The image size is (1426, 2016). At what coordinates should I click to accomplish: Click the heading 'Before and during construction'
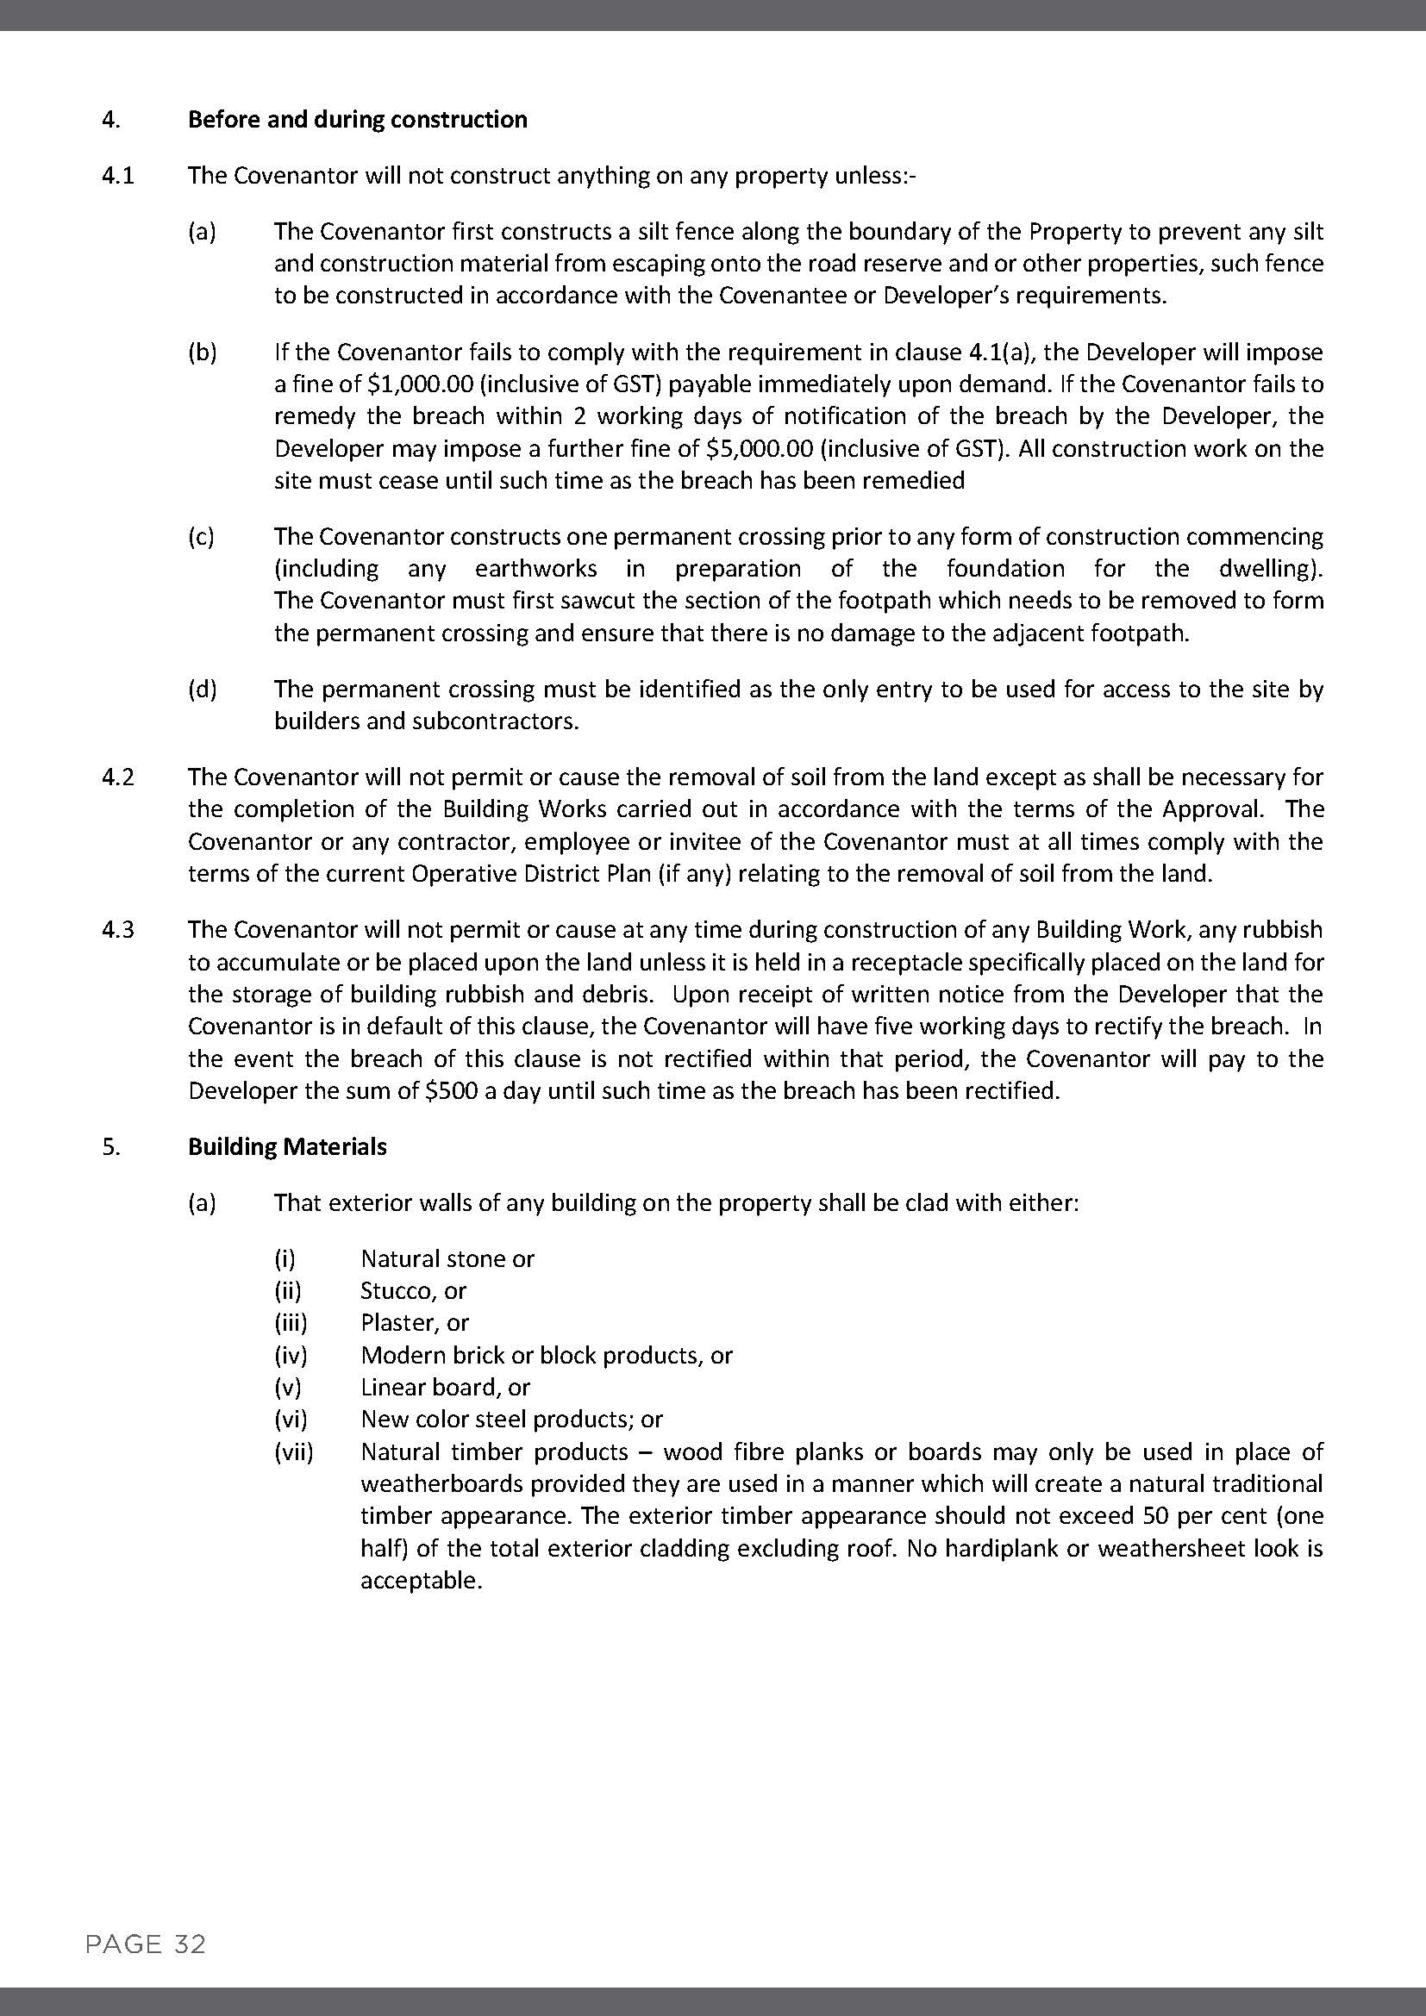(358, 120)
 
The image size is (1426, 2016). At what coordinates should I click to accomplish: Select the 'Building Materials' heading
(287, 1146)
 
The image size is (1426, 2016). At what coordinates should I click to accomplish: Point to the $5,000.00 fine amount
(760, 449)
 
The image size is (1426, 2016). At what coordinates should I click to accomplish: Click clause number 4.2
(117, 777)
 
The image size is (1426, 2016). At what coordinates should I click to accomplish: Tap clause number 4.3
(117, 929)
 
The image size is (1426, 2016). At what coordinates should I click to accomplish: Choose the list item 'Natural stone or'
(447, 1258)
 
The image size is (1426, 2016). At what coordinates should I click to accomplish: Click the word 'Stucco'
(395, 1291)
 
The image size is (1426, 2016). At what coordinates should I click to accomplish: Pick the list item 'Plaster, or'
(415, 1322)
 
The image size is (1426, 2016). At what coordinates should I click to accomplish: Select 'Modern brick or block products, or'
(546, 1355)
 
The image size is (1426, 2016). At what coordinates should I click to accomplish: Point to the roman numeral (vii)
(293, 1451)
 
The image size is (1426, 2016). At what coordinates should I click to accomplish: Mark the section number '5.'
(111, 1146)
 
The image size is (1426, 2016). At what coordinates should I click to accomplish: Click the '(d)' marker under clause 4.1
(202, 690)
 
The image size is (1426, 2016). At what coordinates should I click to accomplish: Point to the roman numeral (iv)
(291, 1355)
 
